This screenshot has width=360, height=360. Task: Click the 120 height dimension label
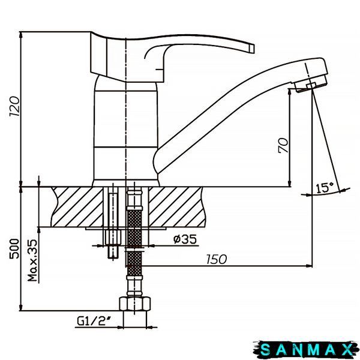tap(14, 106)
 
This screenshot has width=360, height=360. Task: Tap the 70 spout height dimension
tap(283, 145)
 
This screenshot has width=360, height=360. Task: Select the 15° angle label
tap(325, 188)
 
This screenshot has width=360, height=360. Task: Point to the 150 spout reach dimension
tap(217, 259)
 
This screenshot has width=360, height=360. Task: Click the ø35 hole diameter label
tap(185, 239)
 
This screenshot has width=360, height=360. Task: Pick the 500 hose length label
tap(14, 248)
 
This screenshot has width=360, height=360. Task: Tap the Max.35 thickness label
tap(32, 260)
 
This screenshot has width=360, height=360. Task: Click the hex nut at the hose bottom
tap(135, 304)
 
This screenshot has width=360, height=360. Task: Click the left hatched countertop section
tap(77, 207)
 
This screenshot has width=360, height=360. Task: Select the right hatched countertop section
tap(176, 207)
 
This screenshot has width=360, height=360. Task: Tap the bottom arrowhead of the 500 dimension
tap(21, 307)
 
